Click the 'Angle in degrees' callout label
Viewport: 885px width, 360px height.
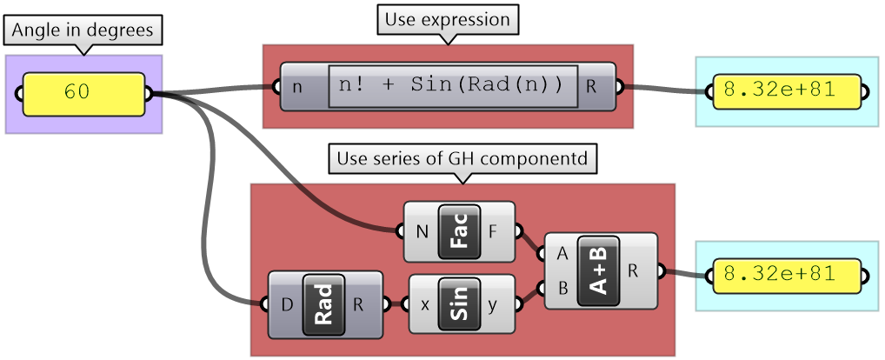point(83,30)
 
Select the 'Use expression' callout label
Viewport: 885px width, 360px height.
point(447,19)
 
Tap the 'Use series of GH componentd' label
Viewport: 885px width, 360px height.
point(461,159)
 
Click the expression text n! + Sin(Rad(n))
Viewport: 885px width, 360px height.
point(453,85)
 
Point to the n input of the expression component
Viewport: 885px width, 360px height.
point(297,86)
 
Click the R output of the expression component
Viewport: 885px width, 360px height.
point(592,86)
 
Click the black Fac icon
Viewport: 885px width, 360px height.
point(460,232)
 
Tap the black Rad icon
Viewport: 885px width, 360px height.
point(324,304)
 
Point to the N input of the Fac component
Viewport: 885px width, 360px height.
point(422,232)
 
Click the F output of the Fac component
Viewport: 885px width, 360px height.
point(494,232)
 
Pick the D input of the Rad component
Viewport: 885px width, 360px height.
point(287,304)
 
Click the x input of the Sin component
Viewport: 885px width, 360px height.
point(425,304)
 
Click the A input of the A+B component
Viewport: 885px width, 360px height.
point(562,254)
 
